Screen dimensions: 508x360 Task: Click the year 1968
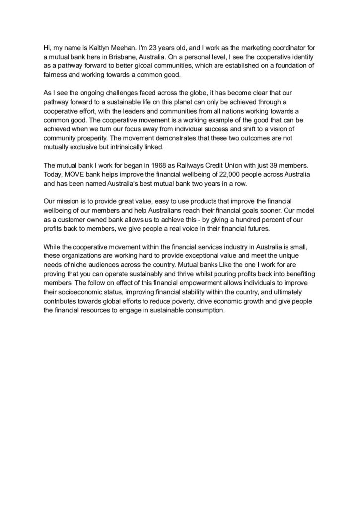[163, 164]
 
